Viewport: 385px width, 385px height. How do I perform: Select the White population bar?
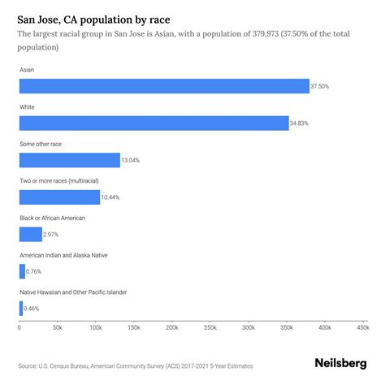point(154,123)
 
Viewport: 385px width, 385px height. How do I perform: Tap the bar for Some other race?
point(69,160)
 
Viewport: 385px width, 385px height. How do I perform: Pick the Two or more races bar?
point(59,197)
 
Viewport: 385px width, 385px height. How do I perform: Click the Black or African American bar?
point(30,235)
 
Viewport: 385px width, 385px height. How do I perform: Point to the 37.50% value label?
point(320,86)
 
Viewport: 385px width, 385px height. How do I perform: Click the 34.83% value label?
point(300,123)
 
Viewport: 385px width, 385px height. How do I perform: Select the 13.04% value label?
point(130,160)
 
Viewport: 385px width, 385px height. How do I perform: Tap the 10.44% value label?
point(111,197)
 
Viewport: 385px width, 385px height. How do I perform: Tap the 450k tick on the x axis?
point(361,327)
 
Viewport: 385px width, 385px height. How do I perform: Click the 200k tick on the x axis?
point(171,327)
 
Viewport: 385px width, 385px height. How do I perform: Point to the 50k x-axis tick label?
point(57,327)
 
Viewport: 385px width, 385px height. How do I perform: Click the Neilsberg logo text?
point(340,364)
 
